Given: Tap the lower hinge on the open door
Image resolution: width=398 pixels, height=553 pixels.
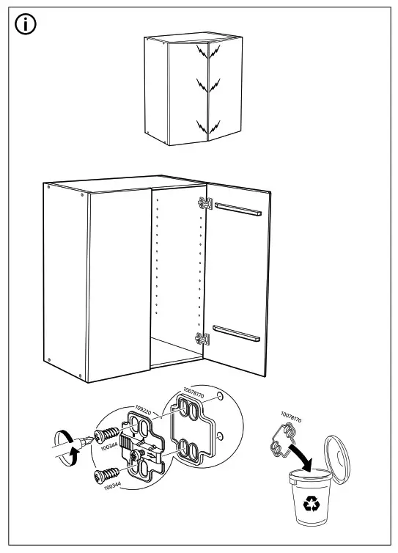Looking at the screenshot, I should point(203,337).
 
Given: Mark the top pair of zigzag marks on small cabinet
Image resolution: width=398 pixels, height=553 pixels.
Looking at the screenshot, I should point(207,53).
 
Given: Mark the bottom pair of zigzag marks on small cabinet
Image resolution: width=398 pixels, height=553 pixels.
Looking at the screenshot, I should point(207,126).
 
